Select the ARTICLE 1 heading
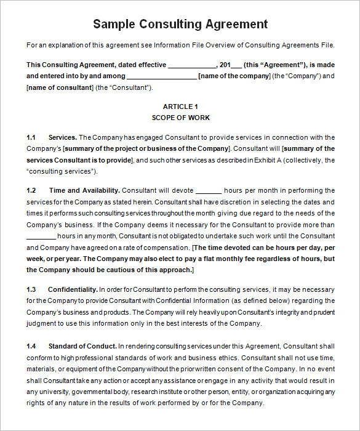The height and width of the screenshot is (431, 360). (180, 107)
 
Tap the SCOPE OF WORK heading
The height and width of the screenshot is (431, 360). (180, 118)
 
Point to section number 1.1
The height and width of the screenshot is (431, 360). (31, 137)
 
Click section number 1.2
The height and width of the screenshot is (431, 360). (31, 190)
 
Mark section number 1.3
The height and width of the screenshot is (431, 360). (31, 289)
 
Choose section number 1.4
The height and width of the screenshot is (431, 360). (31, 347)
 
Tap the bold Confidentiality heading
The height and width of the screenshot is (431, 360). (73, 289)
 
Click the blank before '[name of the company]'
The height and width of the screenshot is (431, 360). (161, 77)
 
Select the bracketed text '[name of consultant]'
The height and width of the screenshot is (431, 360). (59, 87)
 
